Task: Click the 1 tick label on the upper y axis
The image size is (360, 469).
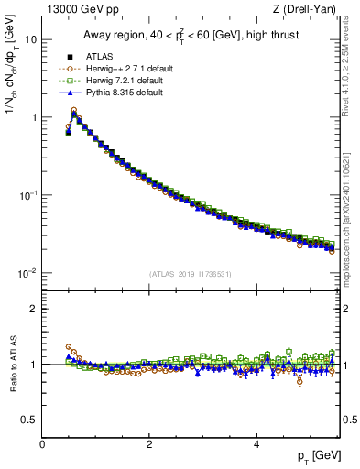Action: point(34,117)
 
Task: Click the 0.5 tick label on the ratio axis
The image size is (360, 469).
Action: point(29,420)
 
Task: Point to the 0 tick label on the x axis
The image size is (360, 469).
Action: point(42,443)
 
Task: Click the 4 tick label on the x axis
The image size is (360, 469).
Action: point(256,443)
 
